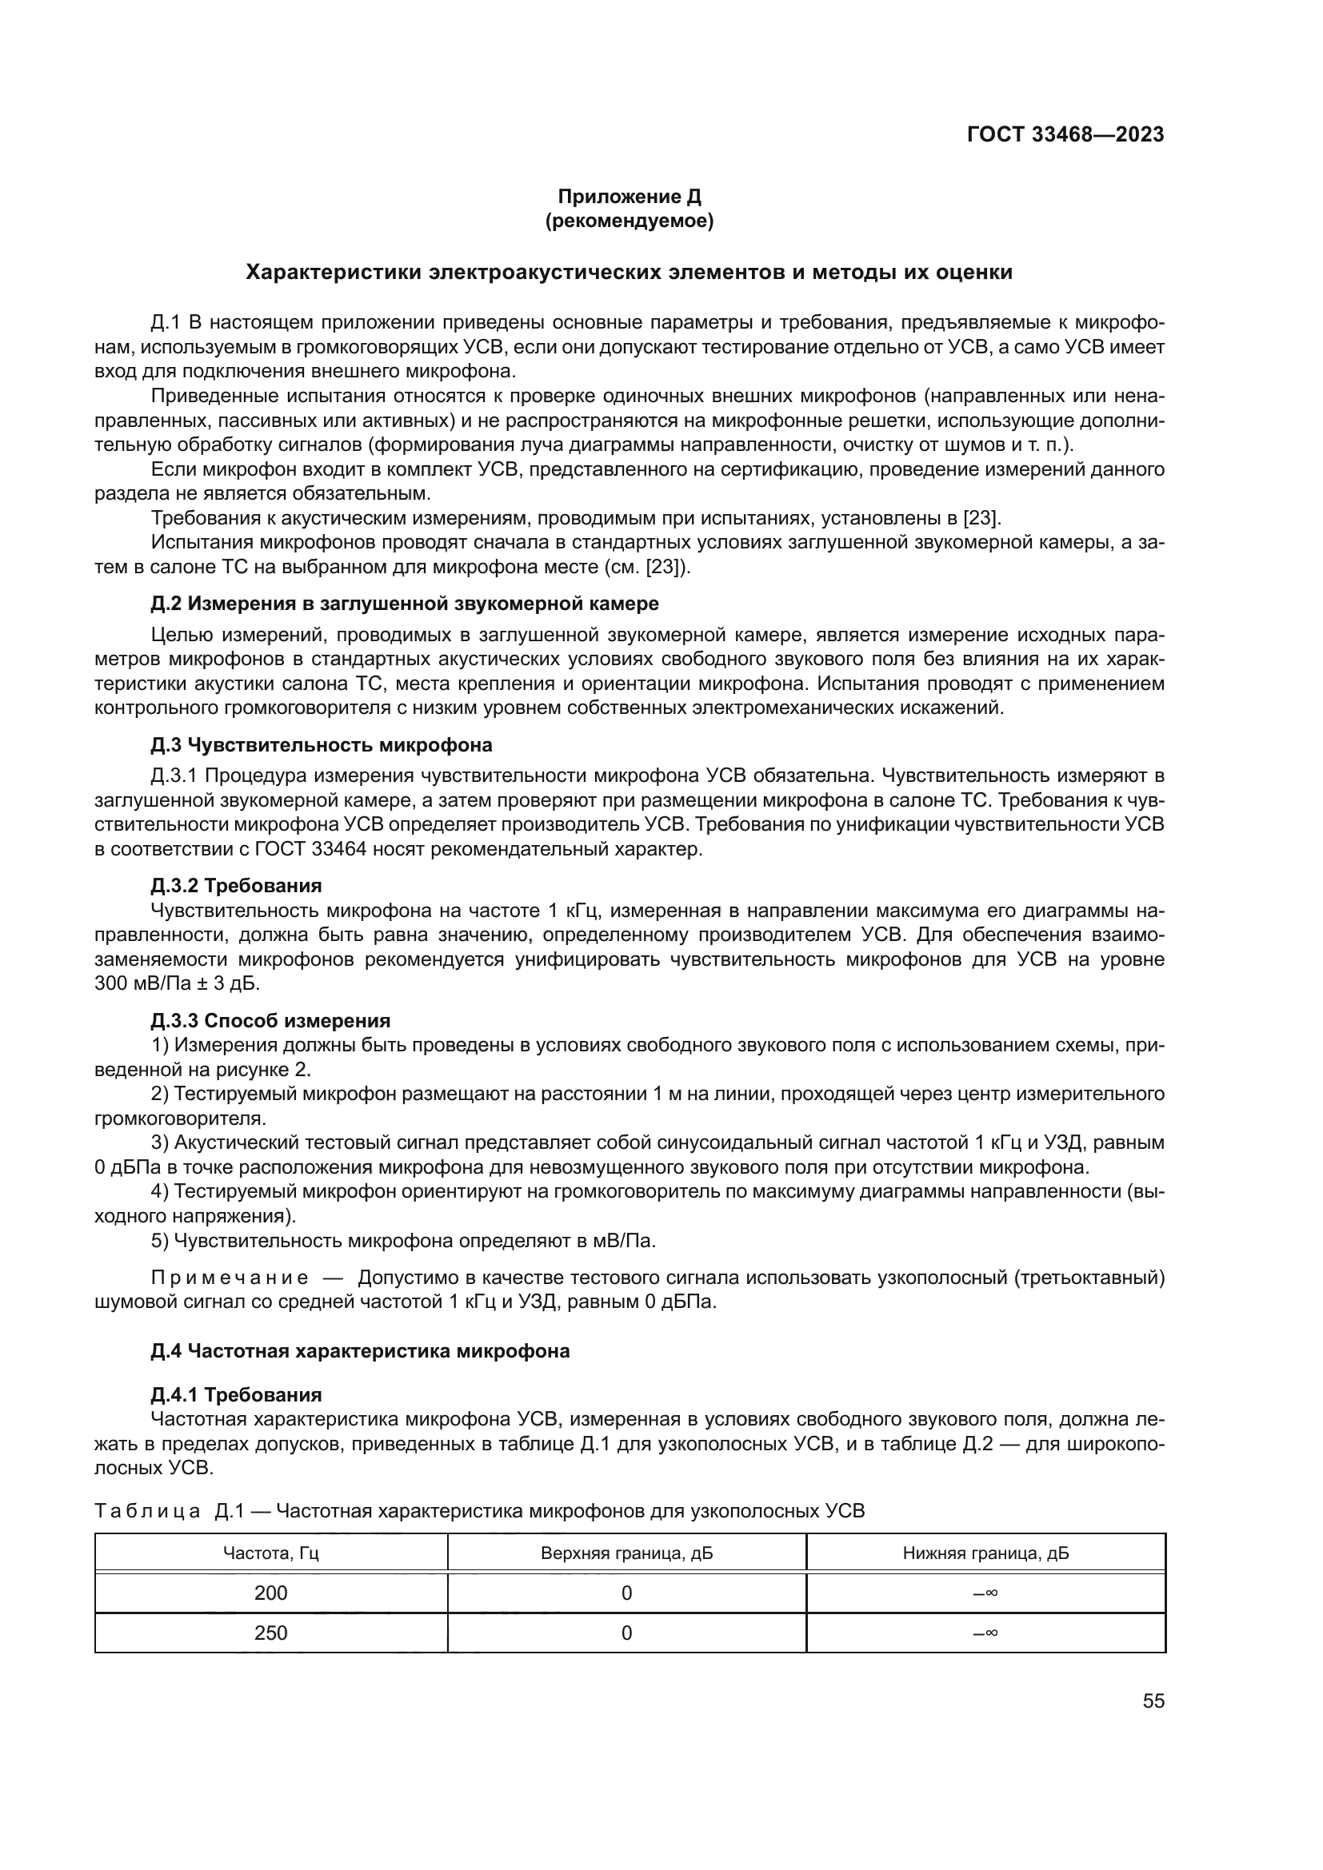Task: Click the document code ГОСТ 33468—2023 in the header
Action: [x=1065, y=135]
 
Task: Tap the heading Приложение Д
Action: [x=629, y=197]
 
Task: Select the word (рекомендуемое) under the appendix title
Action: [x=629, y=221]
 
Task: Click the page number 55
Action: [x=1153, y=1701]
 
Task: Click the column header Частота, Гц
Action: [x=270, y=1553]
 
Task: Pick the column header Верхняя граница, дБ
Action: [x=626, y=1553]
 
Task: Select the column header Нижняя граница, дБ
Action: [x=985, y=1553]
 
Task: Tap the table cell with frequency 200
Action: [x=270, y=1593]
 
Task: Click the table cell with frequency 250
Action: [x=270, y=1633]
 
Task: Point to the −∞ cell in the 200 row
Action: [x=985, y=1593]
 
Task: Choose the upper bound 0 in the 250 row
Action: [x=626, y=1633]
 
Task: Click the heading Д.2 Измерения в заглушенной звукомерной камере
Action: [x=404, y=604]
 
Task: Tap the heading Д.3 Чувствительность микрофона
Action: [x=321, y=745]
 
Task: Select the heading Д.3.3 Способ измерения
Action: [x=270, y=1020]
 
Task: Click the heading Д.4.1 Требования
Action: [x=235, y=1395]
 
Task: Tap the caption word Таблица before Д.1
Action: [x=146, y=1512]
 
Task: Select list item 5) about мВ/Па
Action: [x=403, y=1242]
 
